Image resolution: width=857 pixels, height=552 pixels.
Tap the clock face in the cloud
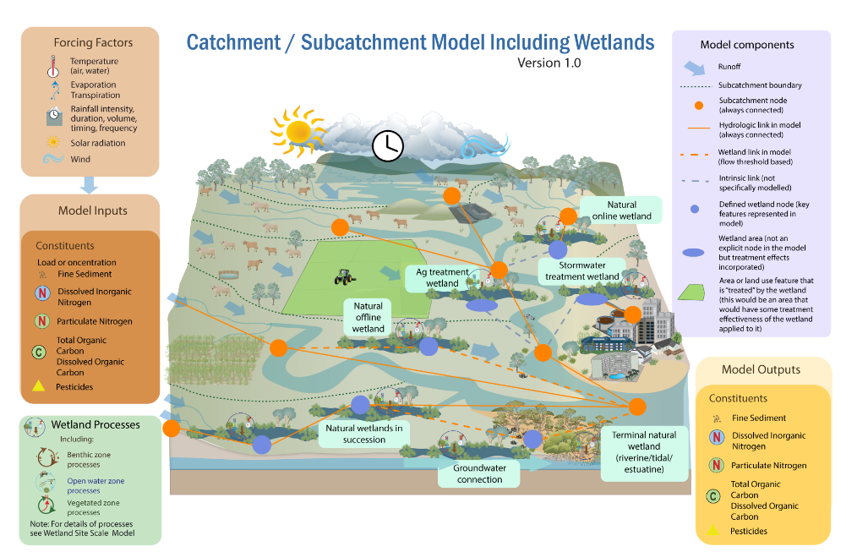point(388,145)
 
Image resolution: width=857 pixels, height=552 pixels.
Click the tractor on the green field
point(344,276)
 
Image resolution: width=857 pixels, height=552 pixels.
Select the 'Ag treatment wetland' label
point(442,278)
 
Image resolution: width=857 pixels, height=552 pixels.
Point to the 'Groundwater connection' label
point(479,473)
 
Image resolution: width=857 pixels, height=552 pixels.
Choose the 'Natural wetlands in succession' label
point(364,434)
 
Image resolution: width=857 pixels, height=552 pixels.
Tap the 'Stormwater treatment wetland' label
point(581,271)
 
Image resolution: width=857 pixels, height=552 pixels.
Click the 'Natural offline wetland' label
point(368,317)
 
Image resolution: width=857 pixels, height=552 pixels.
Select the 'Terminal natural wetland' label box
point(644,452)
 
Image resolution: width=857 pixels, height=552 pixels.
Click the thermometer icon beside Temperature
point(52,67)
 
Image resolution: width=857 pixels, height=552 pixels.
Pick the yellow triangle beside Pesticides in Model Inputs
point(39,386)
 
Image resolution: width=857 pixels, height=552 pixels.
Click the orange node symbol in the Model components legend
point(697,105)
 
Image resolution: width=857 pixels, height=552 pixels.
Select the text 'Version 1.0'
point(549,63)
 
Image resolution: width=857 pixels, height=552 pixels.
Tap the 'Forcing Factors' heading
point(93,42)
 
